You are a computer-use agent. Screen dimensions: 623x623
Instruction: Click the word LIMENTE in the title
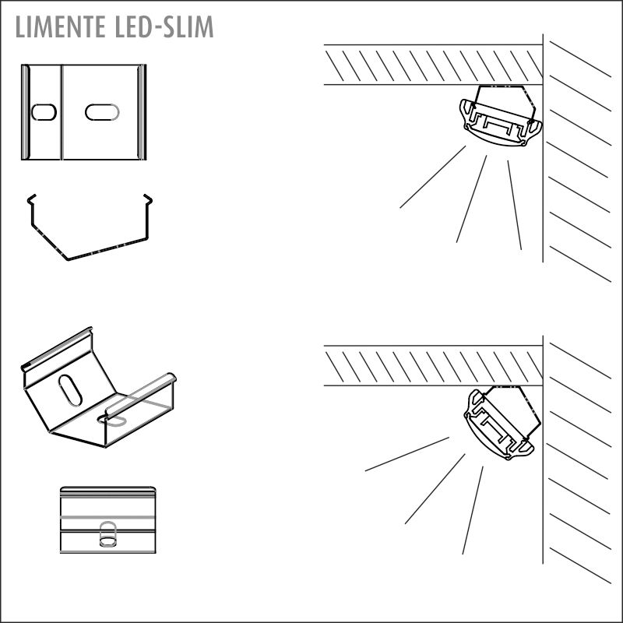pyautogui.click(x=60, y=27)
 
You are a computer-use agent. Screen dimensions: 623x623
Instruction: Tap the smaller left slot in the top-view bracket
pyautogui.click(x=44, y=112)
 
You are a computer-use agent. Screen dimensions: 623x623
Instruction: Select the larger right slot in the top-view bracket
pyautogui.click(x=102, y=112)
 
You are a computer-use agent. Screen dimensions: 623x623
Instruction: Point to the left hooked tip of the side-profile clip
pyautogui.click(x=31, y=199)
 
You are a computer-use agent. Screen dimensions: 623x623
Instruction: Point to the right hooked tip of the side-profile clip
pyautogui.click(x=148, y=199)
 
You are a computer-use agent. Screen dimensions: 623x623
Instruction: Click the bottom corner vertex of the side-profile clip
pyautogui.click(x=68, y=260)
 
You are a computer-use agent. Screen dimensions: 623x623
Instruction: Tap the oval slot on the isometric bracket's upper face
pyautogui.click(x=70, y=390)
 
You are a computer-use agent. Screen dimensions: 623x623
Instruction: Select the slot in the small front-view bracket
pyautogui.click(x=107, y=534)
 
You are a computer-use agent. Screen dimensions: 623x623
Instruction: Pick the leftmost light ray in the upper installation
pyautogui.click(x=433, y=177)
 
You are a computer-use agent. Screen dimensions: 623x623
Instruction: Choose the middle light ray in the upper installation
pyautogui.click(x=471, y=199)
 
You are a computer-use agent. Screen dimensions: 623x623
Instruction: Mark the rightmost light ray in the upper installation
pyautogui.click(x=515, y=205)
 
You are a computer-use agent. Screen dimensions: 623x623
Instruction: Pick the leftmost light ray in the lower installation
pyautogui.click(x=407, y=454)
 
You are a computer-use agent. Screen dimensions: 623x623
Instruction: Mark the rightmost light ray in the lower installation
pyautogui.click(x=473, y=510)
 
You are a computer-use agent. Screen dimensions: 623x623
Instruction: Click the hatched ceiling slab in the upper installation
pyautogui.click(x=434, y=65)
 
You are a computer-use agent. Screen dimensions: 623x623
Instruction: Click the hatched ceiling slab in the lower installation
pyautogui.click(x=434, y=365)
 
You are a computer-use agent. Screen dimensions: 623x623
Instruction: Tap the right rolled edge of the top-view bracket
pyautogui.click(x=142, y=112)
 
